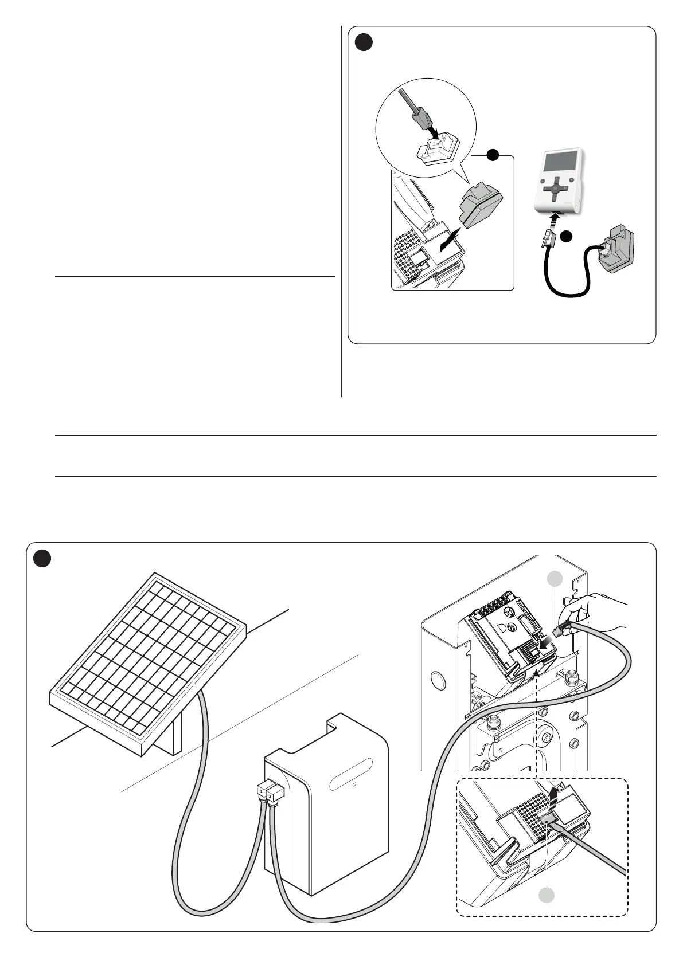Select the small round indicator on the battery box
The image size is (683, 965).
coord(354,785)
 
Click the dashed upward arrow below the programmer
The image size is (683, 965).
coord(555,220)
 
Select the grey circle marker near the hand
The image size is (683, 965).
coord(554,579)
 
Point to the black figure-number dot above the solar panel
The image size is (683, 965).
coord(41,558)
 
